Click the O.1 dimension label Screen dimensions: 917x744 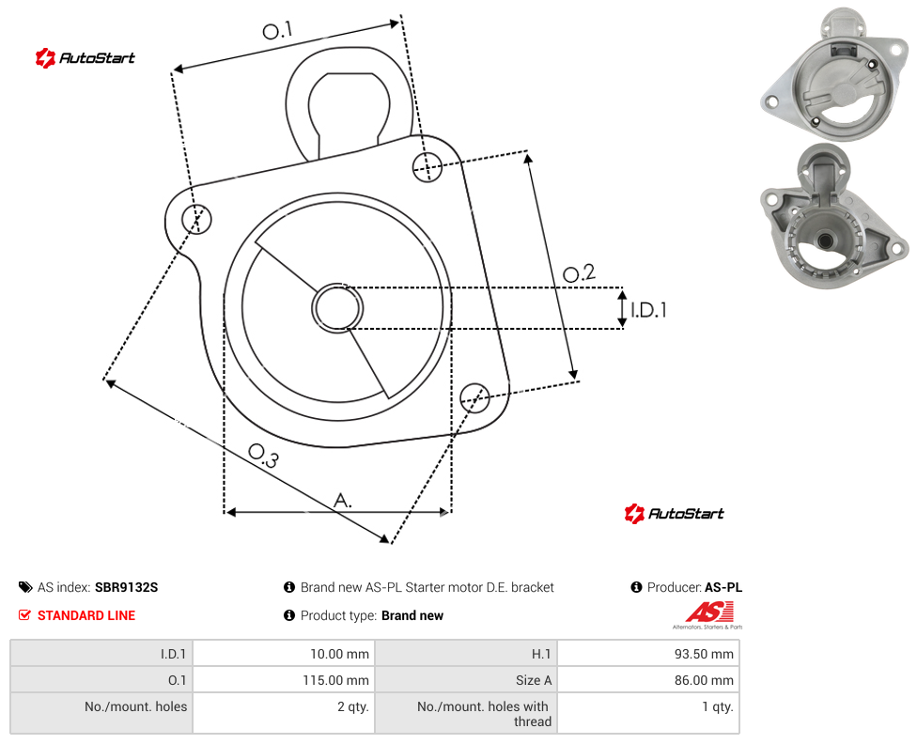[277, 30]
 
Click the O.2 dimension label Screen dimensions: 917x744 [579, 272]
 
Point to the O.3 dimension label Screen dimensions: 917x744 [263, 456]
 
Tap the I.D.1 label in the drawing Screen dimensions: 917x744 [648, 309]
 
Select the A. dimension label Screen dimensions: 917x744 [343, 501]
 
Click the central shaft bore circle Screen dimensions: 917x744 [337, 308]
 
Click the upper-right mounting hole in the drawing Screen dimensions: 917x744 [427, 166]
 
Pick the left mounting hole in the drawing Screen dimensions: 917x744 [196, 219]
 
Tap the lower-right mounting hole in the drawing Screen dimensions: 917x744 [474, 398]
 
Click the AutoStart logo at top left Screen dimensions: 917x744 [85, 58]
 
